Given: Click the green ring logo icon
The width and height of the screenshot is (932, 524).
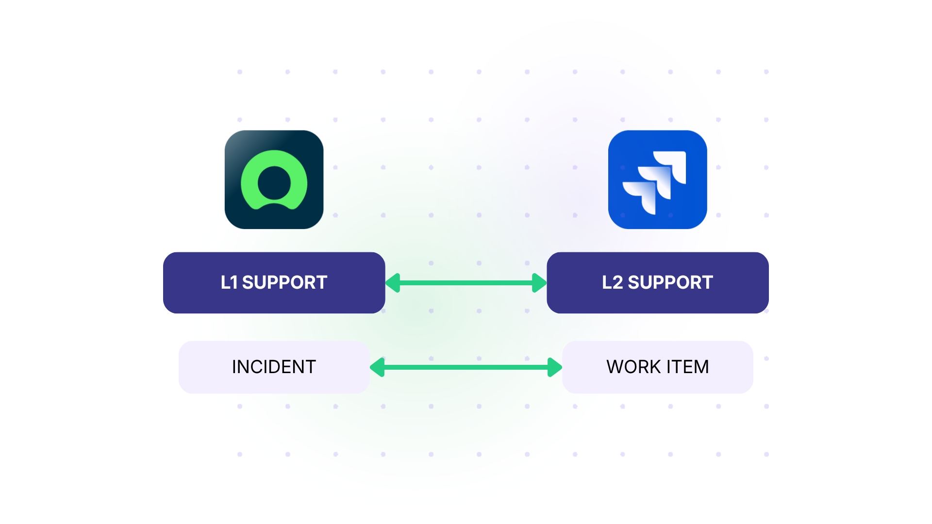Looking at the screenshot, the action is pyautogui.click(x=274, y=180).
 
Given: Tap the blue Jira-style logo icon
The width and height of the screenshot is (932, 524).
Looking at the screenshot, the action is pyautogui.click(x=657, y=180).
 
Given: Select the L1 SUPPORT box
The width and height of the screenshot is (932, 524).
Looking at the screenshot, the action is pyautogui.click(x=274, y=282).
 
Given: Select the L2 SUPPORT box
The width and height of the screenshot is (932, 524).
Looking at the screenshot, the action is pyautogui.click(x=657, y=282).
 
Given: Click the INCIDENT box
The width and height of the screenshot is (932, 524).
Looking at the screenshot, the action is pyautogui.click(x=274, y=367).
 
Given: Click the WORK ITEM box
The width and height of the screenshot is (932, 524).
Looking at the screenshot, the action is pyautogui.click(x=657, y=367).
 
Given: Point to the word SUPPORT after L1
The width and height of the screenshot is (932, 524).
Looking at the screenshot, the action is pyautogui.click(x=284, y=282).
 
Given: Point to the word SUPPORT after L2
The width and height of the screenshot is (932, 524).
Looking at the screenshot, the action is pyautogui.click(x=670, y=282).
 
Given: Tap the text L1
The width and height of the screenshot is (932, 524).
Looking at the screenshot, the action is pyautogui.click(x=229, y=282).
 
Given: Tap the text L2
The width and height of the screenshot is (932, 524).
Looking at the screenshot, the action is pyautogui.click(x=612, y=282).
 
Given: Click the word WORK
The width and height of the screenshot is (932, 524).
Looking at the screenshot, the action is pyautogui.click(x=633, y=367).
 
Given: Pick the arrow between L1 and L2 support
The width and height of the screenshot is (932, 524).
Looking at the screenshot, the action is pyautogui.click(x=466, y=283).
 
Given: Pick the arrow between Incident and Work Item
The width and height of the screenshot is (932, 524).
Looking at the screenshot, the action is pyautogui.click(x=466, y=367).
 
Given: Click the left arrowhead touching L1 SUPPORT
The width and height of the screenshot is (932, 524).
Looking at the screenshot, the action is pyautogui.click(x=393, y=283).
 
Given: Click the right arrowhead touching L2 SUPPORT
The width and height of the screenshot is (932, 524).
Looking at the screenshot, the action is pyautogui.click(x=539, y=283).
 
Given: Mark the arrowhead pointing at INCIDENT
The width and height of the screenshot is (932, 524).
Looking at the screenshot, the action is pyautogui.click(x=378, y=367).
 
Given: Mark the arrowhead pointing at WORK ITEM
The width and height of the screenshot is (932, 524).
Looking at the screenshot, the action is pyautogui.click(x=555, y=367).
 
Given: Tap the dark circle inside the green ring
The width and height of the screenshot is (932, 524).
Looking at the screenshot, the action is pyautogui.click(x=274, y=183).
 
